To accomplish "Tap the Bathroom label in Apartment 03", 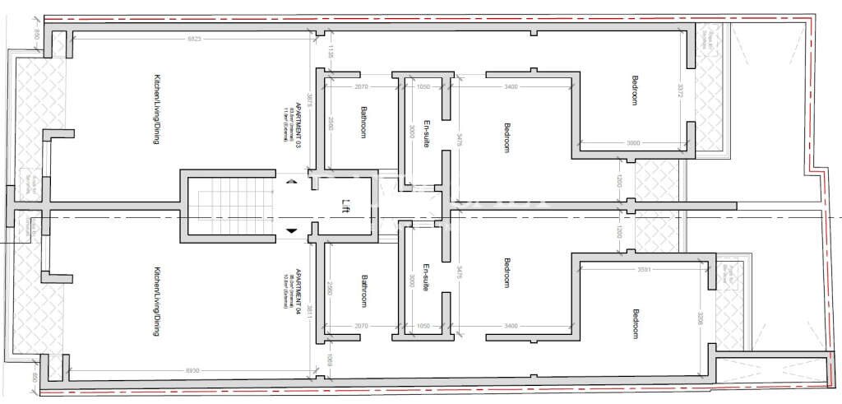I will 363,122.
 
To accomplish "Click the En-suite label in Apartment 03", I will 425,130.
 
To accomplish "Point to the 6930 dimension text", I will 194,371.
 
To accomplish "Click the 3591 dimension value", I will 645,269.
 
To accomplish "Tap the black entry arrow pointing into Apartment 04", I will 292,230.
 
